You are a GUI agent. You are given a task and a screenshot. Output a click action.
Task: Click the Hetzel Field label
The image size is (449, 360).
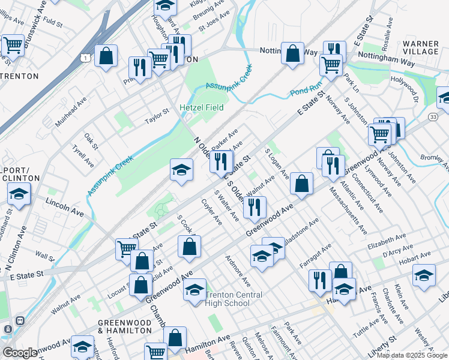click(x=202, y=107)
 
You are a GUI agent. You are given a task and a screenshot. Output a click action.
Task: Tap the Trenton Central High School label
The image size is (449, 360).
click(x=234, y=299)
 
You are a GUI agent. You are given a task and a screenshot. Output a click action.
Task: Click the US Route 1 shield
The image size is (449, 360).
click(x=86, y=56)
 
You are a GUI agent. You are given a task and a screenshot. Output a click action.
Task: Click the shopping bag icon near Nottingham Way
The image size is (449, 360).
click(x=292, y=53)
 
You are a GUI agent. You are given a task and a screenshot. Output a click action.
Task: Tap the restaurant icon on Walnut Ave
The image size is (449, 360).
click(x=255, y=207)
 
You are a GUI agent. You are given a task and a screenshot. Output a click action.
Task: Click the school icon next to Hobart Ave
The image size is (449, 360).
click(x=424, y=275)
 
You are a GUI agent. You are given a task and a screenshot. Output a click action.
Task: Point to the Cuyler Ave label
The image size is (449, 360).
click(x=211, y=212)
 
